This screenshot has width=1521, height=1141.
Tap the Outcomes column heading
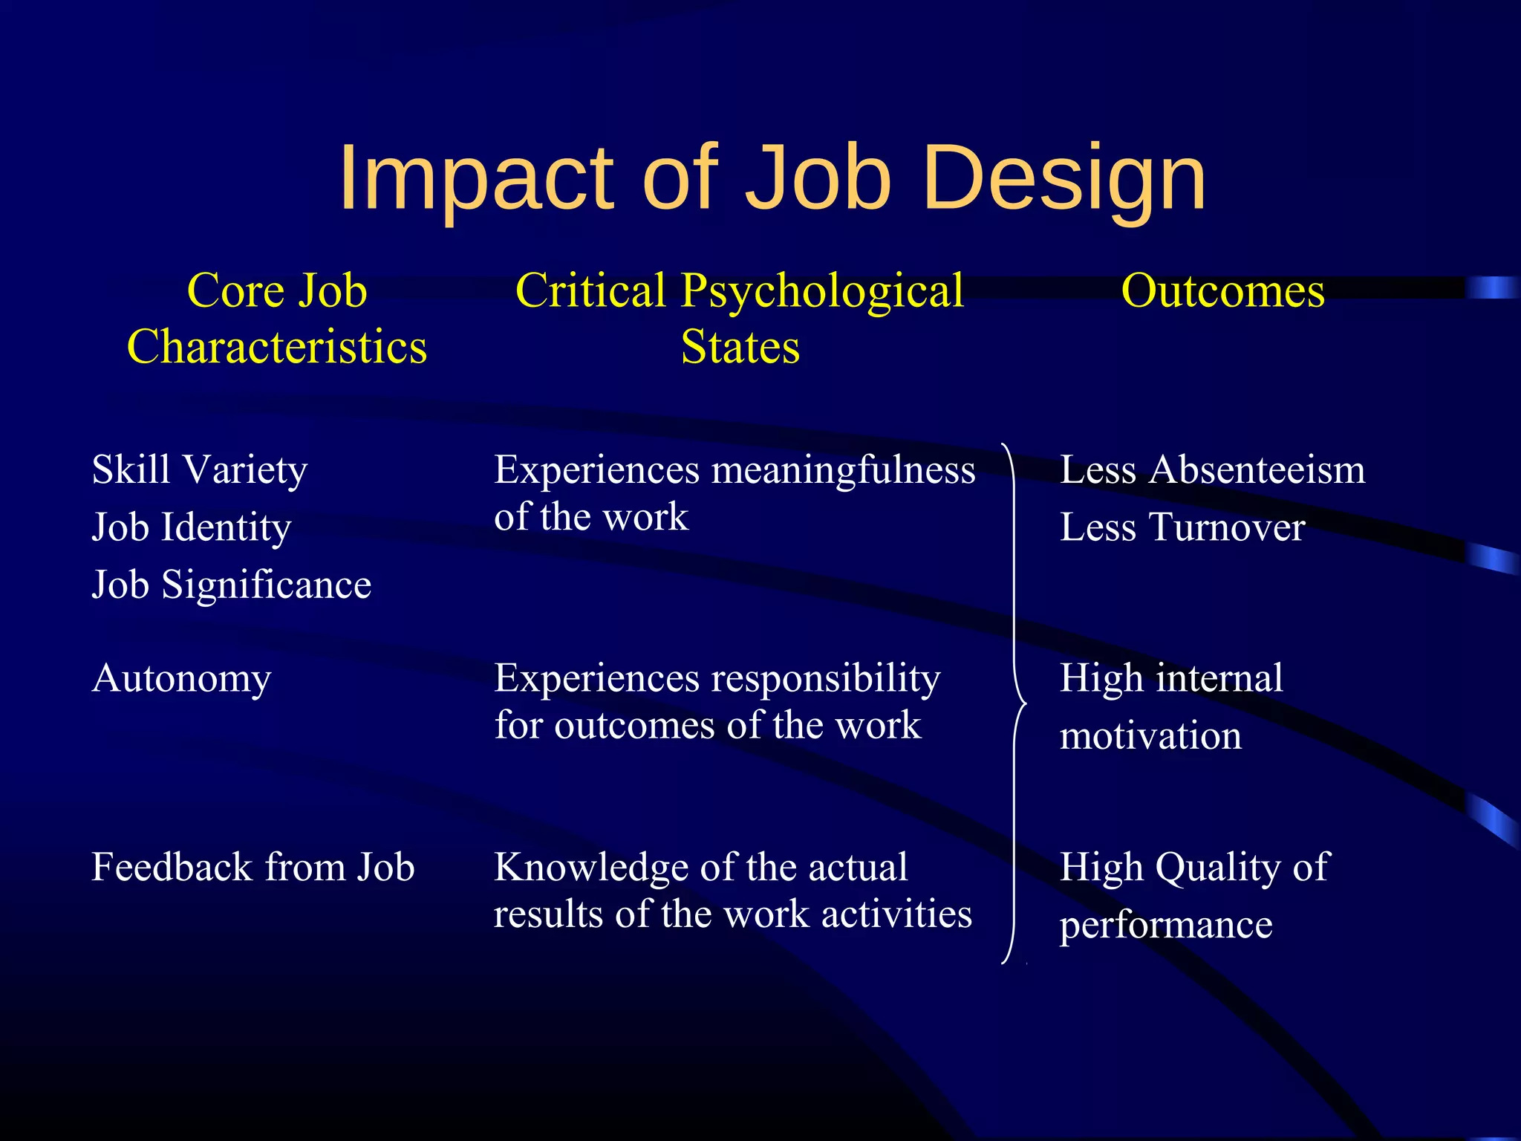(1222, 290)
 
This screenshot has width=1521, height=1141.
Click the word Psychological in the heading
(822, 290)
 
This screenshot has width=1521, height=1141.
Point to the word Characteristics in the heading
(277, 347)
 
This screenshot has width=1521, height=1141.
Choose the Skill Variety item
(199, 470)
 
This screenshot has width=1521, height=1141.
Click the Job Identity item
(192, 527)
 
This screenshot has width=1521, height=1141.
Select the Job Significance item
(231, 585)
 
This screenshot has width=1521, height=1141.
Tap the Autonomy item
(181, 679)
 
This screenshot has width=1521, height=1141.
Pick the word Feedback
(172, 867)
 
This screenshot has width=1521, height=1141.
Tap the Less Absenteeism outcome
(1212, 470)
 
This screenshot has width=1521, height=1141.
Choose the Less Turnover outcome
(1182, 527)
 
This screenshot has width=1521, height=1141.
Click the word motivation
(1150, 736)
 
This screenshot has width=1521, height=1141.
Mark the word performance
(1166, 926)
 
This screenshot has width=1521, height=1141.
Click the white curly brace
(1015, 703)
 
